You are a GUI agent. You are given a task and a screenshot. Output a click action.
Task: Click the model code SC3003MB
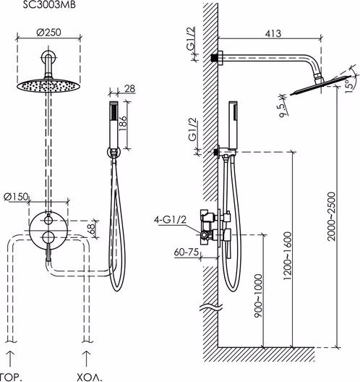pyautogui.click(x=49, y=5)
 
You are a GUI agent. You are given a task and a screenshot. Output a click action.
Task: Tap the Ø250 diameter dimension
pyautogui.click(x=48, y=32)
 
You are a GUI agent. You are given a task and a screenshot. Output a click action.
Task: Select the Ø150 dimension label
pyautogui.click(x=16, y=197)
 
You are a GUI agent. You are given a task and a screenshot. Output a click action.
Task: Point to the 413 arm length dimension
pyautogui.click(x=273, y=33)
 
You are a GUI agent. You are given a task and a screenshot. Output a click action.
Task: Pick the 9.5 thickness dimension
pyautogui.click(x=283, y=110)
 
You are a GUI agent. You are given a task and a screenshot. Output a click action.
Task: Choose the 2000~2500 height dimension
pyautogui.click(x=331, y=216)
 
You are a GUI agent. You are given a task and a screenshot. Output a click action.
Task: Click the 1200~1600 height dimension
pyautogui.click(x=288, y=256)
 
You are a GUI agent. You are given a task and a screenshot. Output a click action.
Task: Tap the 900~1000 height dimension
pyautogui.click(x=258, y=296)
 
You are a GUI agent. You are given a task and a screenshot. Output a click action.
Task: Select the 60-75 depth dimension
pyautogui.click(x=187, y=252)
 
